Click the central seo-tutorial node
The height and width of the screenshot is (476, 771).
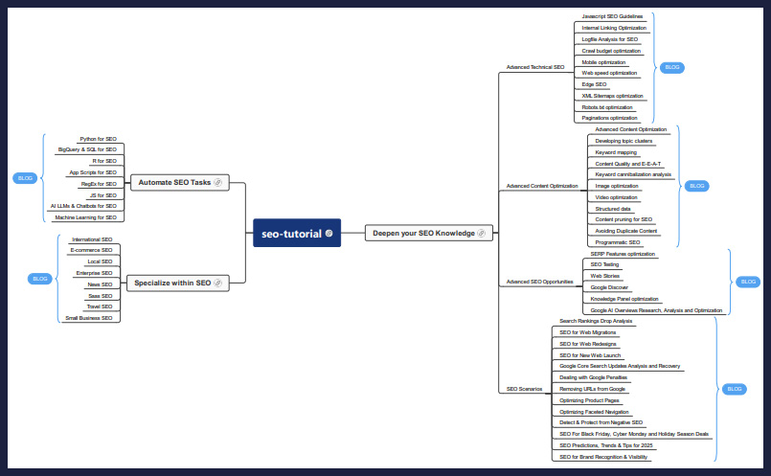[x=297, y=233]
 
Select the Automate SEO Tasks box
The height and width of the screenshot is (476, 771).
[x=180, y=182]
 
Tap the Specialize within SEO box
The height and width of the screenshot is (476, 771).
[x=178, y=283]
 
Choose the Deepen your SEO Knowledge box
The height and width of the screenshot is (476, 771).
[x=429, y=233]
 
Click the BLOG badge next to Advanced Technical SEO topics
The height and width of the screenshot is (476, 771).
[x=671, y=67]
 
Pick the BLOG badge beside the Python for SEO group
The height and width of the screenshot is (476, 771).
[x=25, y=178]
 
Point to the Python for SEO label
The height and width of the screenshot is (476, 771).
[x=99, y=139]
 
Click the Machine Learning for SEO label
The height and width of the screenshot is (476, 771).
[x=86, y=217]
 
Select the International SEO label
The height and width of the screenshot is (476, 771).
[x=92, y=239]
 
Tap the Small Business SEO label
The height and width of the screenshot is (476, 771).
[x=89, y=318]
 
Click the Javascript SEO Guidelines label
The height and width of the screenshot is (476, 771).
[x=612, y=16]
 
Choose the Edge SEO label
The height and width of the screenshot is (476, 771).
[x=594, y=84]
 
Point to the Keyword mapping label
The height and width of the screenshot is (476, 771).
[x=616, y=152]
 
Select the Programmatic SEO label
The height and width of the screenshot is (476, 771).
[x=618, y=242]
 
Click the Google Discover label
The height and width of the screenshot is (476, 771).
[x=609, y=287]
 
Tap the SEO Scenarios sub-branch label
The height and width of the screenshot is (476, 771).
[x=524, y=389]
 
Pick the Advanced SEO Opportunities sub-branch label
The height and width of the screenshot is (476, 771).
[x=540, y=282]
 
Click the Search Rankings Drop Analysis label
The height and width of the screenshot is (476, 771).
[x=596, y=321]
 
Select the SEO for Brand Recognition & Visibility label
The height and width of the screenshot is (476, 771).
[x=603, y=457]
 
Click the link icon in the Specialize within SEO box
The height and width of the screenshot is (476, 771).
[x=217, y=283]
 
